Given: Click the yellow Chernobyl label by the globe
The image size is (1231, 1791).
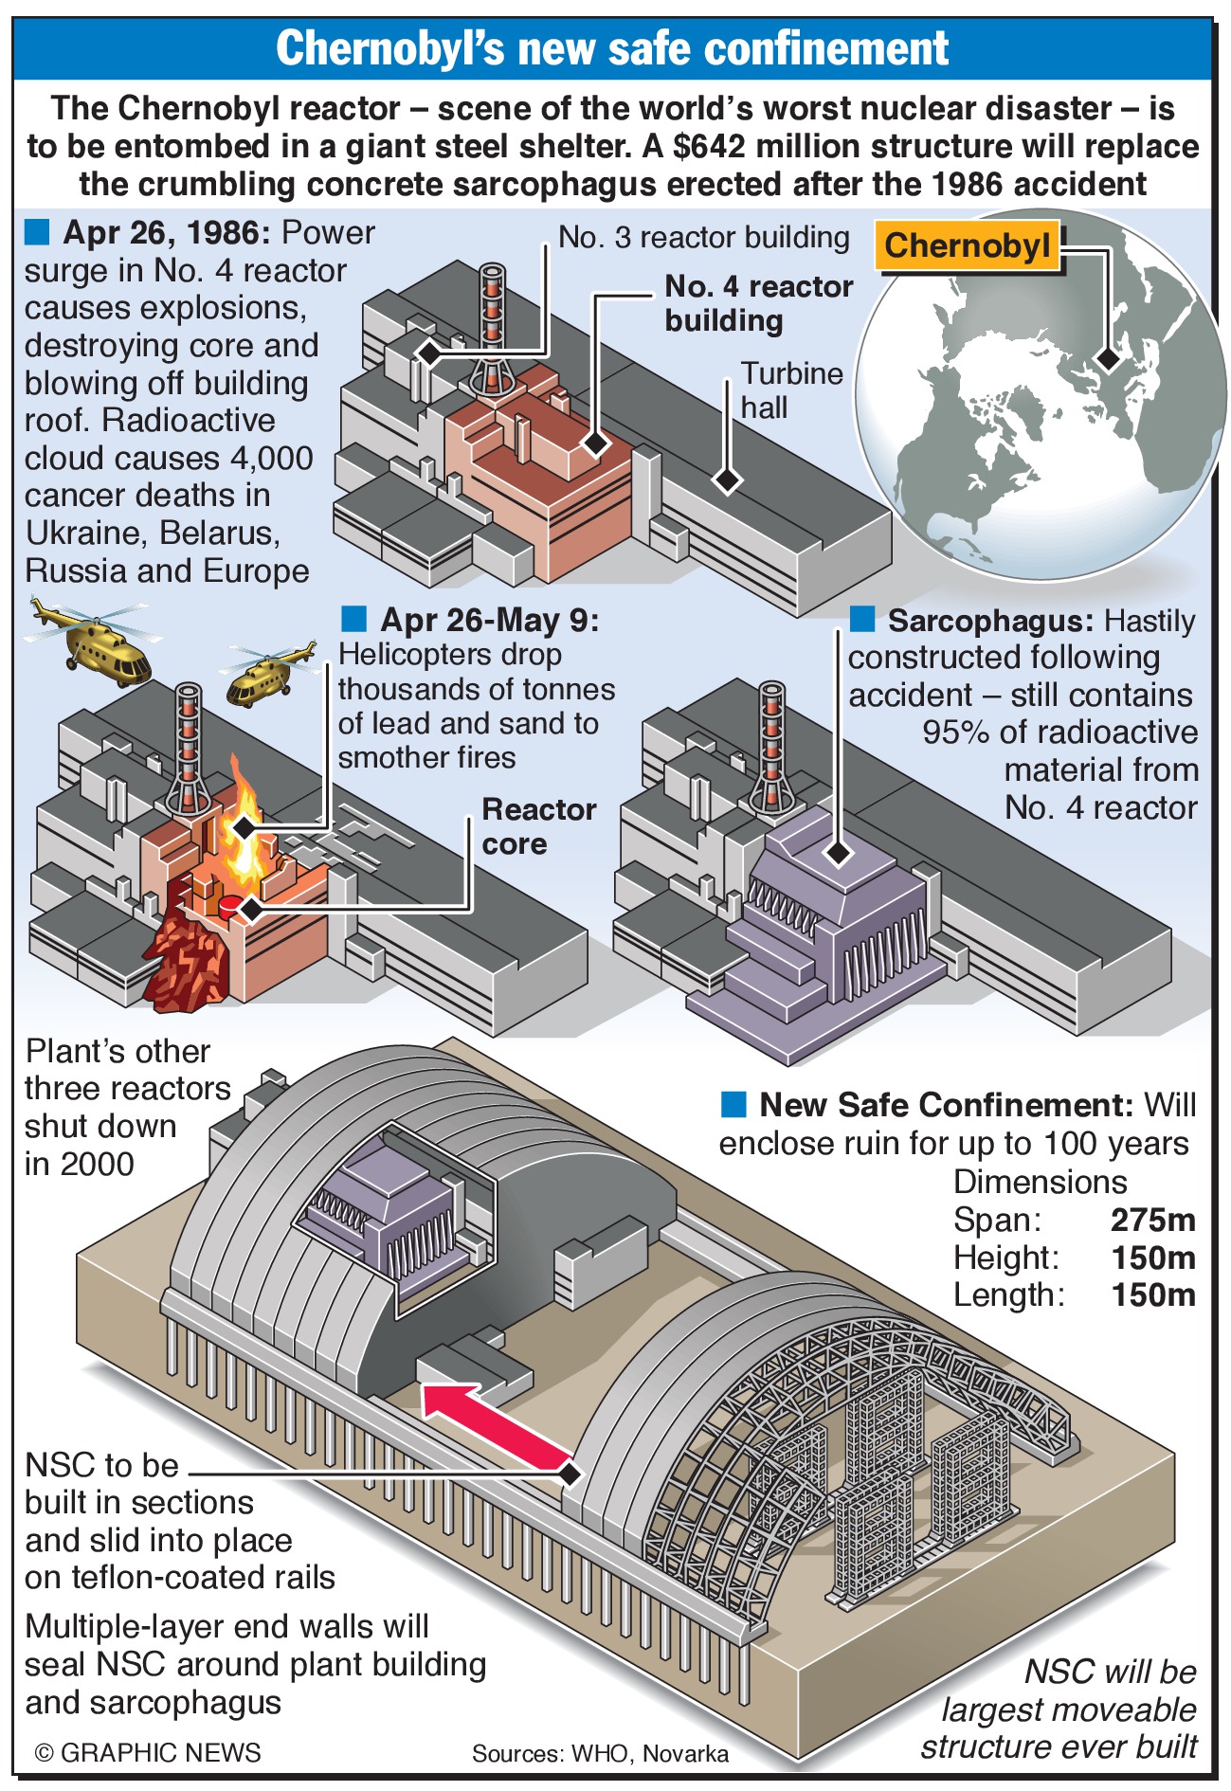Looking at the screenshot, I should pos(968,246).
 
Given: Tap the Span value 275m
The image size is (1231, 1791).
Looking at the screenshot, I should pos(1152,1220).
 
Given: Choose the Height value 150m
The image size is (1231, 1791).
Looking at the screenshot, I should pos(1152,1257).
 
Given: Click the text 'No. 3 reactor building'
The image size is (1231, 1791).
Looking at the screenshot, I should pos(703,237).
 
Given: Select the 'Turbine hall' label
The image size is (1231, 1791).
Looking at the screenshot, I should pos(791,389).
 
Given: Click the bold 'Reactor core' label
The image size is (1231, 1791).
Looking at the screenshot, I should pos(537,826).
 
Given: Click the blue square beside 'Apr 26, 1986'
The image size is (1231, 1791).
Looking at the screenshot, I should pos(37,231).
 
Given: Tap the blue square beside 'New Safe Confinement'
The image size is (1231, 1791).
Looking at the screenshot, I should pos(733,1104).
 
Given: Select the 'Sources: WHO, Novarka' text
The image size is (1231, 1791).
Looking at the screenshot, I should pos(600,1753).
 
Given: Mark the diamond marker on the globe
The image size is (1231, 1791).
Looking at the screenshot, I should pos(1107,359).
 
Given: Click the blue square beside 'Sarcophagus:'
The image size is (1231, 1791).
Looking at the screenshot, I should pos(861,620).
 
